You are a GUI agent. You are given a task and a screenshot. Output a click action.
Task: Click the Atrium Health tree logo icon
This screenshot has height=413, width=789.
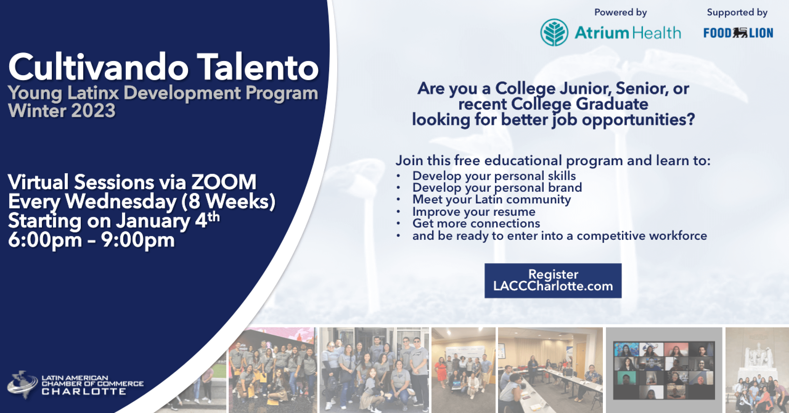point(554,33)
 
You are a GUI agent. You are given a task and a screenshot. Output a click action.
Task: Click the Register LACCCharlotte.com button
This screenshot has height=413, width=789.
point(553,280)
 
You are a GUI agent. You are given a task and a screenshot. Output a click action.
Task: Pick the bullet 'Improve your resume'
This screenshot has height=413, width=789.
point(474,212)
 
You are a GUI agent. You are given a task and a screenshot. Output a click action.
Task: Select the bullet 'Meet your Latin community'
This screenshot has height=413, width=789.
point(492,199)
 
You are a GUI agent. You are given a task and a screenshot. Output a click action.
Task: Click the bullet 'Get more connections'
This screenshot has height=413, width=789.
point(476,223)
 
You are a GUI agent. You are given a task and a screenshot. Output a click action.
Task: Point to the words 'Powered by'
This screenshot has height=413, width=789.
point(620,12)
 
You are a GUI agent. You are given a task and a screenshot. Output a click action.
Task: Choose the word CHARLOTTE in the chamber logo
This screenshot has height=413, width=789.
point(84,392)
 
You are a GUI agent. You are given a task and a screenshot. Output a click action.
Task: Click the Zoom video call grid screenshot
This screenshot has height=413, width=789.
point(664,370)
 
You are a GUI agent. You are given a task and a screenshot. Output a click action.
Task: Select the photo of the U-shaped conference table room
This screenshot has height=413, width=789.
point(550,370)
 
